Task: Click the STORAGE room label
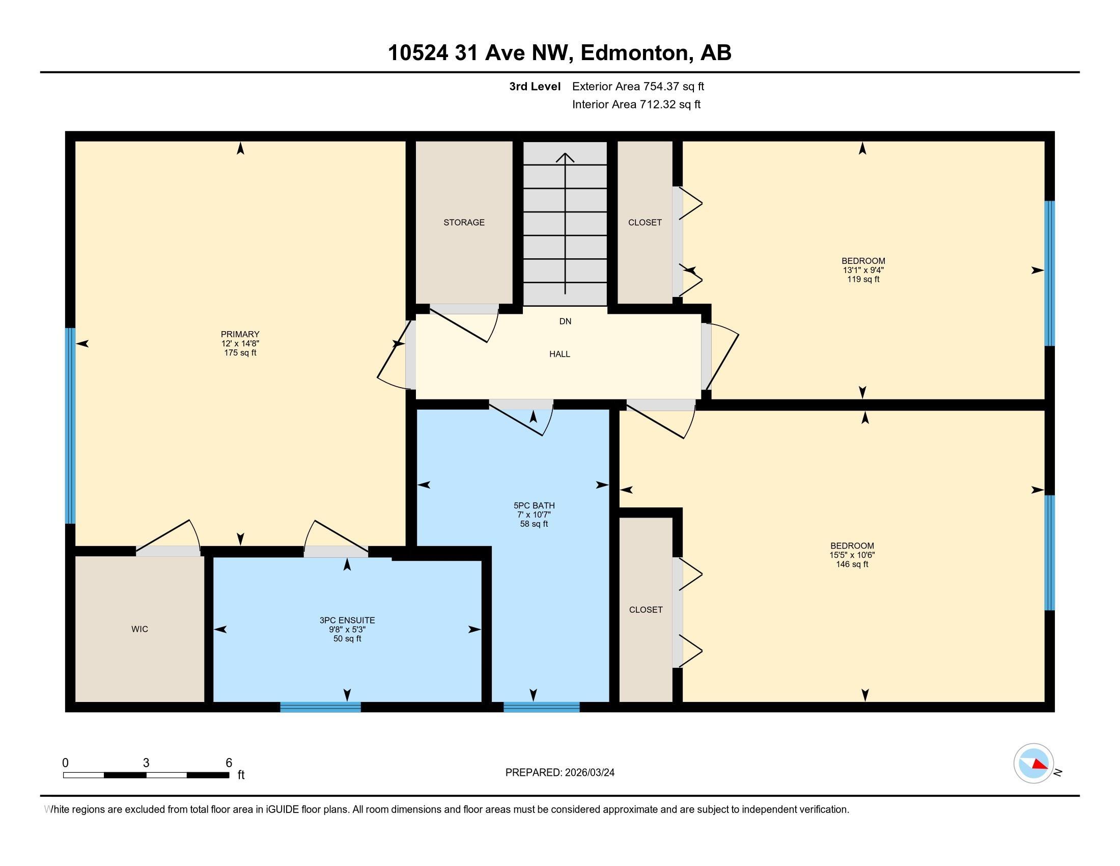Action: click(x=464, y=222)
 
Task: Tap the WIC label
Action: click(x=139, y=629)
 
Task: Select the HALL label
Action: click(x=559, y=354)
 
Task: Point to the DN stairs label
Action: click(x=565, y=321)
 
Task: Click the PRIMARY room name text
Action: click(x=240, y=334)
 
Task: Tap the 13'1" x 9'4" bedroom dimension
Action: click(x=863, y=270)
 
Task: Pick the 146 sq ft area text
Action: click(x=852, y=564)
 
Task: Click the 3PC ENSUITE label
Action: click(x=347, y=620)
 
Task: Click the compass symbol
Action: click(x=1033, y=764)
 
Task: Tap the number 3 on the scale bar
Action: click(x=146, y=763)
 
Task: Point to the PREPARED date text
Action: click(x=559, y=773)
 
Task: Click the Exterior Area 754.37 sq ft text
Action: click(x=638, y=86)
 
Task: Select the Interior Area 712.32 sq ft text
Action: click(x=636, y=104)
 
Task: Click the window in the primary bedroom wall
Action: click(x=70, y=426)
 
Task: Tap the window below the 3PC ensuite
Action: click(x=321, y=707)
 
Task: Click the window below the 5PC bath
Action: click(x=542, y=707)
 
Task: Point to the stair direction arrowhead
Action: click(x=565, y=156)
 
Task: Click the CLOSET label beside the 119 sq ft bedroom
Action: click(x=645, y=222)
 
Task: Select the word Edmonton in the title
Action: click(x=634, y=53)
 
